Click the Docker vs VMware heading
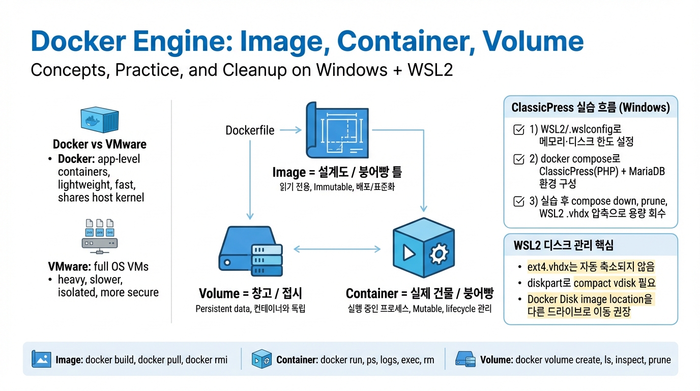pos(99,144)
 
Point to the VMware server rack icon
pos(100,236)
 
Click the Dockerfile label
pos(250,130)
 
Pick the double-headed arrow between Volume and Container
pos(337,249)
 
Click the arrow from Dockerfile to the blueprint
pos(290,130)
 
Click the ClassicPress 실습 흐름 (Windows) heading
pos(591,107)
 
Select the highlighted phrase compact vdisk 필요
pos(614,283)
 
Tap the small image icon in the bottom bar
pos(41,359)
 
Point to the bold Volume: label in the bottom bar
pos(496,360)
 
